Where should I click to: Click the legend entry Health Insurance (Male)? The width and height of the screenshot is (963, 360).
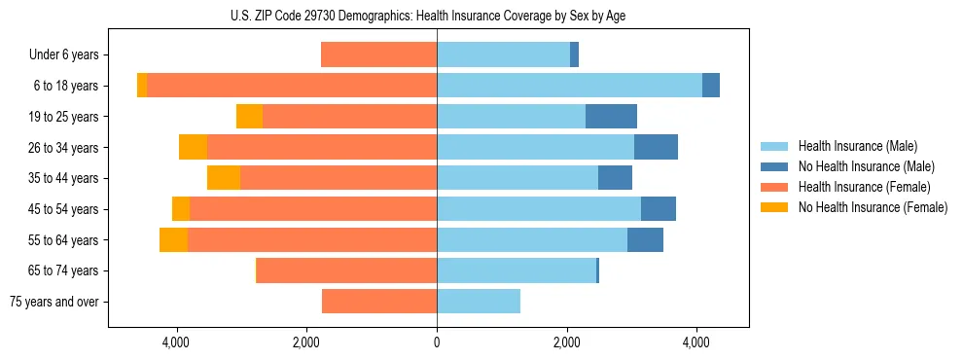(856, 146)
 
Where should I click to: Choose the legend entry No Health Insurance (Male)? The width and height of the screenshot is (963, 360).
(866, 166)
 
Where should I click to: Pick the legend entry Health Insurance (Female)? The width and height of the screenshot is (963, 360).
(864, 187)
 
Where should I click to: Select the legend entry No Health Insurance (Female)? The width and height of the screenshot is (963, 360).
(873, 207)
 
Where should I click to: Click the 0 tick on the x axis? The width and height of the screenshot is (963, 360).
(437, 342)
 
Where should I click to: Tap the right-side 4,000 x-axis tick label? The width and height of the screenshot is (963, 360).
(696, 342)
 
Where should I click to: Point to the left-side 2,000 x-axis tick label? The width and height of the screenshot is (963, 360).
(306, 342)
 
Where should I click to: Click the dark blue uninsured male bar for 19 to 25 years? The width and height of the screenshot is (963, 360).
(611, 117)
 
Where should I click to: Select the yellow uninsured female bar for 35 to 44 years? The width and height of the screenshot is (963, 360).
(224, 178)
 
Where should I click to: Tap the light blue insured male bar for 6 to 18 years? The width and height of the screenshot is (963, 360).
(569, 86)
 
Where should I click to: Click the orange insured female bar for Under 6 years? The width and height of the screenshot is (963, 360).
(379, 55)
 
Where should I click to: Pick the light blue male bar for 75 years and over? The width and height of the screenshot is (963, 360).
(479, 302)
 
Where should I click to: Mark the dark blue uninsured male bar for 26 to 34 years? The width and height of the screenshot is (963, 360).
(656, 147)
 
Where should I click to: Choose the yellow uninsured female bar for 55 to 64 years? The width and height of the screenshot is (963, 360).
(173, 239)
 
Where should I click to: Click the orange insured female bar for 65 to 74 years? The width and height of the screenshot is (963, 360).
(346, 270)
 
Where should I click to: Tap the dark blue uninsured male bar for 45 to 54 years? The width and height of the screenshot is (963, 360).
(659, 209)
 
